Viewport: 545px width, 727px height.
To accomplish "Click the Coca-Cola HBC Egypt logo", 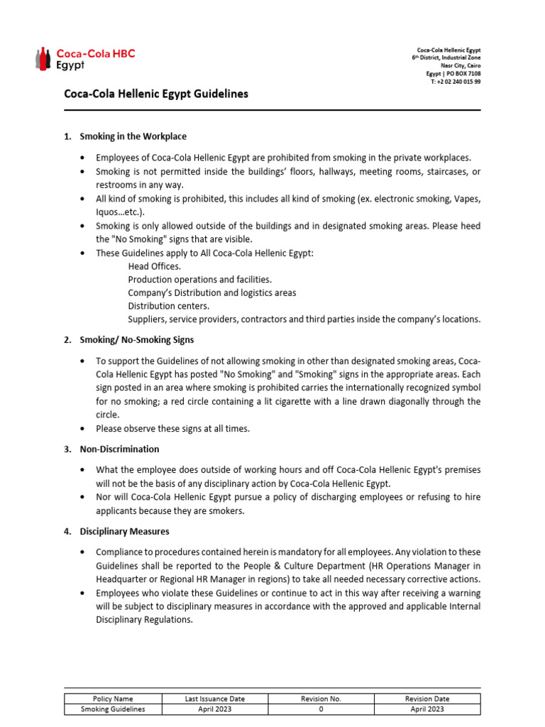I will tap(85, 58).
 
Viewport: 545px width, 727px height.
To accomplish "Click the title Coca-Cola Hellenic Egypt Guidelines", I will tap(156, 94).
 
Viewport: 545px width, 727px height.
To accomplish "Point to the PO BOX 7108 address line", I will tap(453, 74).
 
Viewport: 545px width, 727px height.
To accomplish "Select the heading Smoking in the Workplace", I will tap(133, 136).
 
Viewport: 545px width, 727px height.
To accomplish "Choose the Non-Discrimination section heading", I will tap(119, 449).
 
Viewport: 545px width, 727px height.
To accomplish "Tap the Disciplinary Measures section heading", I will tap(124, 531).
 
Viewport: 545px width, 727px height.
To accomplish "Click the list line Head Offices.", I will tap(155, 266).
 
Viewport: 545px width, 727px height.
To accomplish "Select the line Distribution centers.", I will tap(169, 306).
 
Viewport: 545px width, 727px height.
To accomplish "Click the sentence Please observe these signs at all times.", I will tap(173, 429).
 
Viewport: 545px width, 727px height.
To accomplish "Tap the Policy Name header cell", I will tap(113, 699).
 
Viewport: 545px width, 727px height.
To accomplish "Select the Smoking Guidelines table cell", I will tap(113, 709).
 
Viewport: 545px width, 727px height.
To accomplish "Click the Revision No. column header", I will tap(321, 699).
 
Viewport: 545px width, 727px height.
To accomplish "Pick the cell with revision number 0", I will tap(321, 709).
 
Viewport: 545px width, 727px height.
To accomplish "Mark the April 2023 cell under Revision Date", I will tap(427, 709).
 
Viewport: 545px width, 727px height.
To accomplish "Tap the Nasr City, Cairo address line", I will tap(461, 66).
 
